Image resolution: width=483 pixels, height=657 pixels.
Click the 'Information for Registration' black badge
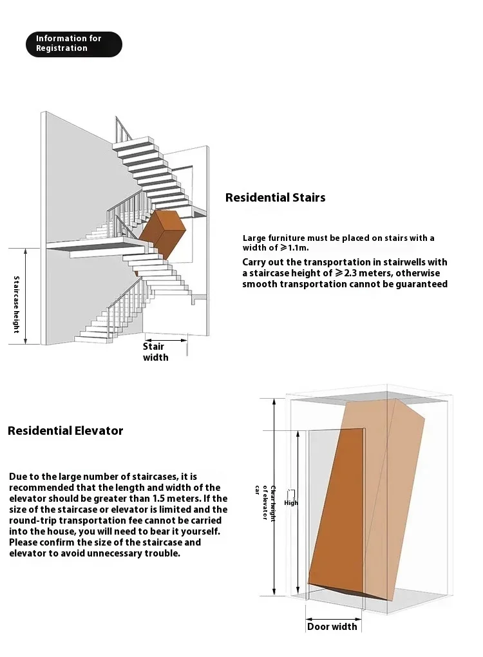tap(73, 44)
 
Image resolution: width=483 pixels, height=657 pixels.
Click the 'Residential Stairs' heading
tap(275, 198)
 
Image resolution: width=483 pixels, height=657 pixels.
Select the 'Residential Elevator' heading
tap(65, 431)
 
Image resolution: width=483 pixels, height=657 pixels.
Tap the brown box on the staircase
tap(162, 232)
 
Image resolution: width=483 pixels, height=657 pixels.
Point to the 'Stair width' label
tap(155, 352)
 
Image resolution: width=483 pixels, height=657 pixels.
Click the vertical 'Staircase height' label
tap(17, 304)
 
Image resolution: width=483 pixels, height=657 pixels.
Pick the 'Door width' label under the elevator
tap(332, 627)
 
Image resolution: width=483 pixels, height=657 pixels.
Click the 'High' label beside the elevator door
tap(291, 503)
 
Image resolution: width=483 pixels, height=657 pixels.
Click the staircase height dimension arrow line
tap(26, 296)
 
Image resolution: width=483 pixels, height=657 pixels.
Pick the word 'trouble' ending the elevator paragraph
tap(163, 553)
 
